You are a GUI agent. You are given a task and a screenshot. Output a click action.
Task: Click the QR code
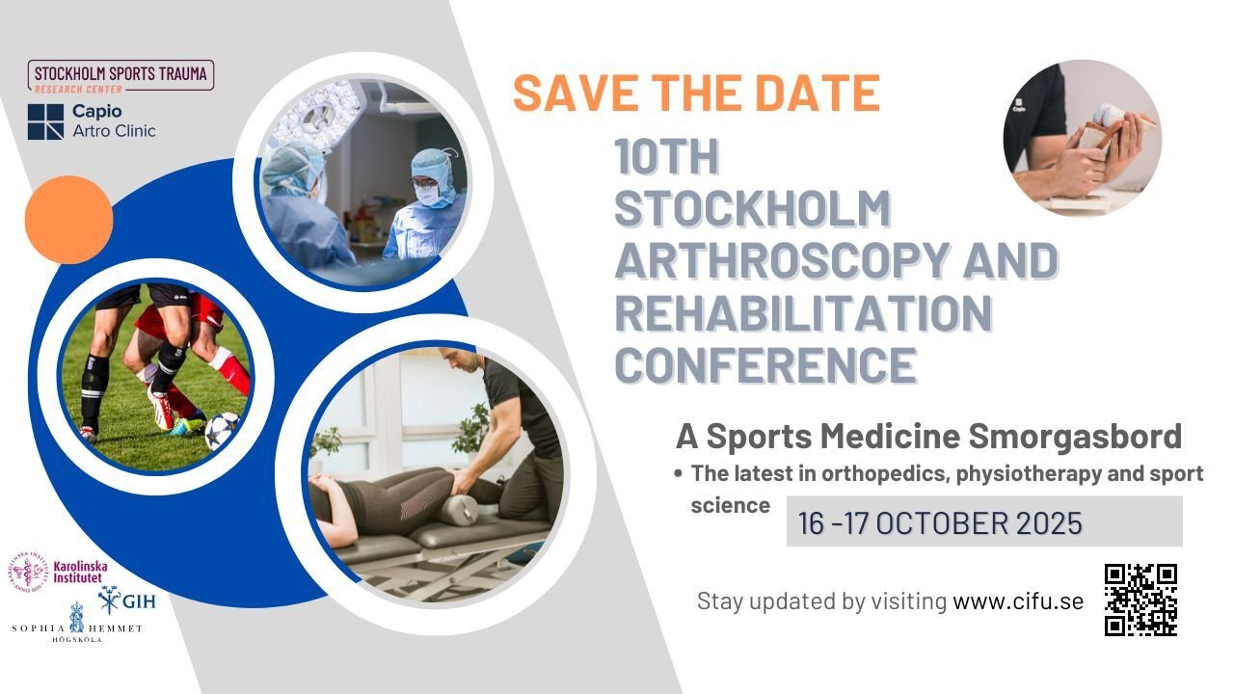1140,600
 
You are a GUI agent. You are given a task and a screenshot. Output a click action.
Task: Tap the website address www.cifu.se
1018,601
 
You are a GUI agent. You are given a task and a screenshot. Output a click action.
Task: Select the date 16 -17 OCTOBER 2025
940,522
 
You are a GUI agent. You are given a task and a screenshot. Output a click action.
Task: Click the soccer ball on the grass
221,431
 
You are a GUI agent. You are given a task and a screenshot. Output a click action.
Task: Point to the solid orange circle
68,220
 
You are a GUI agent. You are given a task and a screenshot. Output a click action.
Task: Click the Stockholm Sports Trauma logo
121,75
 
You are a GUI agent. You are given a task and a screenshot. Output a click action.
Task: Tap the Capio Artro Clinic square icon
45,121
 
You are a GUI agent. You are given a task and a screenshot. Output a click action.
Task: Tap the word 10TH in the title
666,158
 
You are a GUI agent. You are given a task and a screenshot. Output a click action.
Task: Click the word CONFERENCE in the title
765,364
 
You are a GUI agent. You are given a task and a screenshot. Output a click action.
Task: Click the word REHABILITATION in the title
803,312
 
